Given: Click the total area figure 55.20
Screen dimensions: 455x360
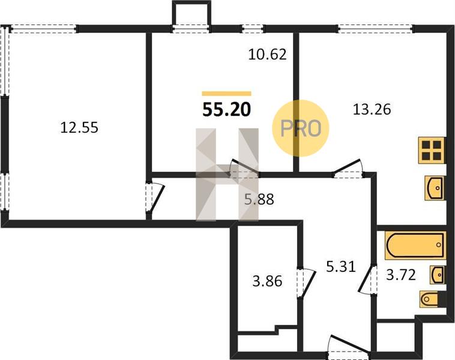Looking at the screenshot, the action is pyautogui.click(x=227, y=110).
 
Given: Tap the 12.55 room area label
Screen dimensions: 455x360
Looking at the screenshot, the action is pyautogui.click(x=79, y=128).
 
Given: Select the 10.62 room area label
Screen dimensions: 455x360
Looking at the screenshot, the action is pyautogui.click(x=268, y=54).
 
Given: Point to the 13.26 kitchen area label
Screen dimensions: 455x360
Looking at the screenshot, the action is pyautogui.click(x=372, y=109).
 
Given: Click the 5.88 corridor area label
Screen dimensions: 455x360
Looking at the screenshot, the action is pyautogui.click(x=259, y=199).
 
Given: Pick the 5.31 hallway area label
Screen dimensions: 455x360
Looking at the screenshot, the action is pyautogui.click(x=341, y=266).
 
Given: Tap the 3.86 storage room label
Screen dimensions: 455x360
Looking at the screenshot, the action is pyautogui.click(x=267, y=281).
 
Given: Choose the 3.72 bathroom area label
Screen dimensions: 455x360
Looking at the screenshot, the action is pyautogui.click(x=401, y=275).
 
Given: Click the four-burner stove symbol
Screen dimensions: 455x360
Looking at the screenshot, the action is pyautogui.click(x=432, y=150).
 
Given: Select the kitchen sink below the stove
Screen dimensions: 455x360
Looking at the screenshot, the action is pyautogui.click(x=435, y=188).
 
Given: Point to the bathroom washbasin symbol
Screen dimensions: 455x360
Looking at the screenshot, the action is pyautogui.click(x=437, y=274).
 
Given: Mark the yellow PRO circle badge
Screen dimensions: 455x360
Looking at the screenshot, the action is pyautogui.click(x=300, y=128).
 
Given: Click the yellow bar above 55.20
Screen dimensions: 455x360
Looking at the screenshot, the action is pyautogui.click(x=227, y=94).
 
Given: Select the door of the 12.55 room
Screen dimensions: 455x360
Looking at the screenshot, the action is pyautogui.click(x=155, y=197).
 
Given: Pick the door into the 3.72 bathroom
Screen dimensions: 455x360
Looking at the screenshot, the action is pyautogui.click(x=367, y=278).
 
